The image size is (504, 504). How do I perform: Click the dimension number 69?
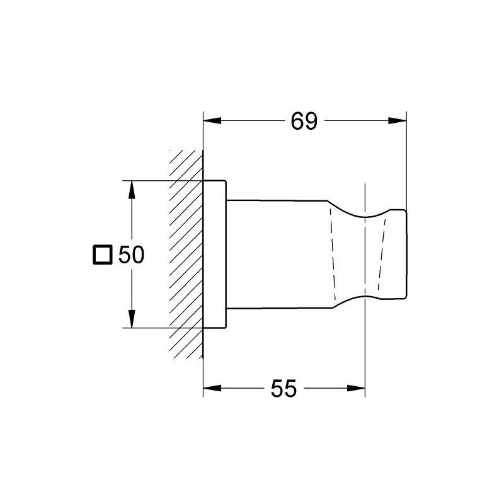pyautogui.click(x=304, y=121)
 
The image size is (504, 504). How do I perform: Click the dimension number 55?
pyautogui.click(x=283, y=389)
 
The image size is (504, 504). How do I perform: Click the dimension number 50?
pyautogui.click(x=132, y=255)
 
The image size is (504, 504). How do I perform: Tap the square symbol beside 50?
pyautogui.click(x=103, y=255)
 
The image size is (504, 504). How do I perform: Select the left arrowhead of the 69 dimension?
pyautogui.click(x=212, y=121)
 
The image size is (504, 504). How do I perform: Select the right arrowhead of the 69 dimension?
pyautogui.click(x=398, y=121)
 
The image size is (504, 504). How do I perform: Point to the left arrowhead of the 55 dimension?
pyautogui.click(x=212, y=388)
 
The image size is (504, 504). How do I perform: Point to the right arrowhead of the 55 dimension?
pyautogui.click(x=356, y=388)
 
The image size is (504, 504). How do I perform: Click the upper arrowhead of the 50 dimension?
pyautogui.click(x=131, y=190)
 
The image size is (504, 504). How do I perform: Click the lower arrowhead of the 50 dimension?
pyautogui.click(x=131, y=319)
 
